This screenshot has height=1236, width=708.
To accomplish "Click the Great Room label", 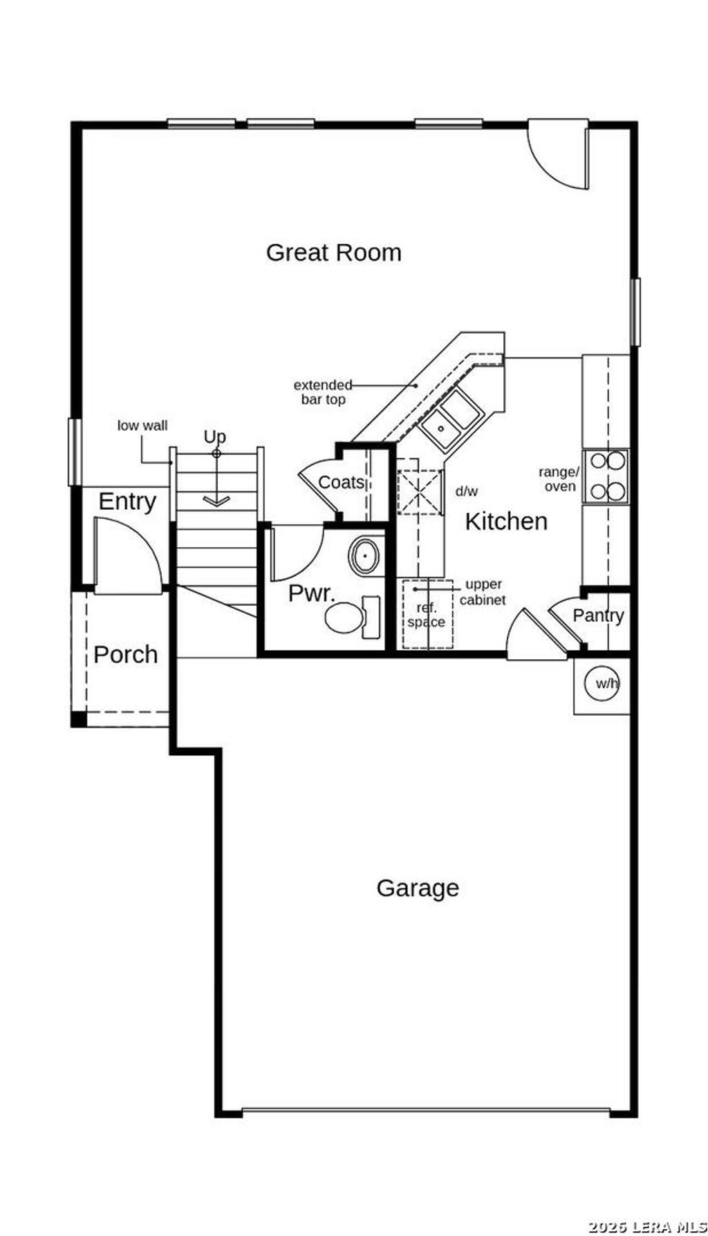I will [x=333, y=252].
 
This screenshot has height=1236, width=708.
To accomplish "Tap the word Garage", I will [x=418, y=887].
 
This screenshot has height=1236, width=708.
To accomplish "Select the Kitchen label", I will [x=506, y=521].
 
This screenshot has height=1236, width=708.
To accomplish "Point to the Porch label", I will [x=125, y=654].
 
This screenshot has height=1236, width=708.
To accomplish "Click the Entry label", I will [x=127, y=501].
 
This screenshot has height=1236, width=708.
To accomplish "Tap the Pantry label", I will [x=598, y=615].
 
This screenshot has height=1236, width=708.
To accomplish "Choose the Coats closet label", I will [x=341, y=482].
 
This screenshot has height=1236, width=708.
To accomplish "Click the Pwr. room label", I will [x=311, y=593].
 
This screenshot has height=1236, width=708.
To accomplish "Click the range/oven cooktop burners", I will [x=606, y=476].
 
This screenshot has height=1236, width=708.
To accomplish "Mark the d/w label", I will [x=466, y=491].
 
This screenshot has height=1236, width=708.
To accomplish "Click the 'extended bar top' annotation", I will [x=322, y=392].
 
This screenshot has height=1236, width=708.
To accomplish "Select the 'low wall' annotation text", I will [x=142, y=425].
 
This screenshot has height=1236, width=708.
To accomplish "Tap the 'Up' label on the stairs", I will [x=214, y=436].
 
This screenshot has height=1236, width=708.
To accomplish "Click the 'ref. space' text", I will [x=426, y=615].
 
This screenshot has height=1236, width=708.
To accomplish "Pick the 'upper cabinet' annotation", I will [x=483, y=592].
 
